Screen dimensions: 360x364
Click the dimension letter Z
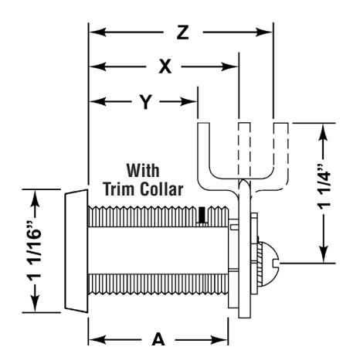pos(183,32)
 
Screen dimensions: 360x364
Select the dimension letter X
pos(165,66)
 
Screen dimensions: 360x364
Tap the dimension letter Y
pos(145,102)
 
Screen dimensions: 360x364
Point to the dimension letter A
pos(158,339)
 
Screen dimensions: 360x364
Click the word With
pos(143,170)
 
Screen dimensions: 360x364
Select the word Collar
pos(161,189)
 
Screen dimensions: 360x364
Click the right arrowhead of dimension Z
pos(264,32)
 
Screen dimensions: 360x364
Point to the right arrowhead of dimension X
pos(229,66)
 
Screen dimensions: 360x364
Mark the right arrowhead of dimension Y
pos(188,102)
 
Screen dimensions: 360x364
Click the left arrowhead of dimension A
pos(97,339)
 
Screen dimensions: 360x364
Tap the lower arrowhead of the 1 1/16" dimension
pos(35,304)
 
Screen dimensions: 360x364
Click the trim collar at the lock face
pos(76,251)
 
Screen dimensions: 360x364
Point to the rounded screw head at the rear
pos(268,264)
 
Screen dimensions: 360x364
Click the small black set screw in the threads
pos(202,215)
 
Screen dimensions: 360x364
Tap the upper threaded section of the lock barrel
pos(158,216)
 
